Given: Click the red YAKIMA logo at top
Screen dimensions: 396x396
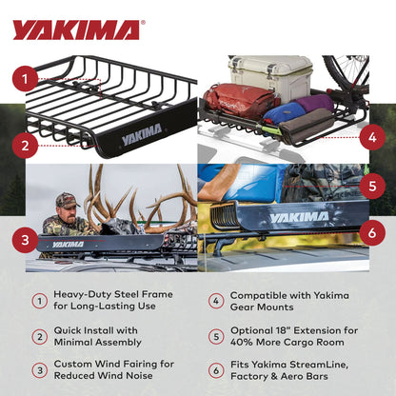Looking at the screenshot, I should click(76, 30).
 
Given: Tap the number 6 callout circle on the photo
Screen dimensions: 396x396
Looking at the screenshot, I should click(370, 229).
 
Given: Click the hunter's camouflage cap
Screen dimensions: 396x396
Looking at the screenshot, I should click(65, 200).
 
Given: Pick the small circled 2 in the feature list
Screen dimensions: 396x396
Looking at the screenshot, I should click(39, 336).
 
